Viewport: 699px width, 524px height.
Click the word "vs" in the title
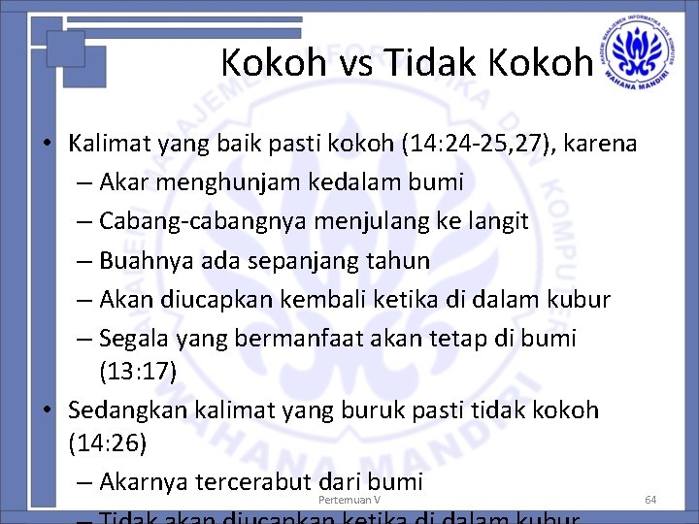(351, 63)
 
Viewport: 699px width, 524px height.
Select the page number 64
(650, 500)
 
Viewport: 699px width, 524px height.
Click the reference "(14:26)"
(107, 443)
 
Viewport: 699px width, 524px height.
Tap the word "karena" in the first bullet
(600, 145)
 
